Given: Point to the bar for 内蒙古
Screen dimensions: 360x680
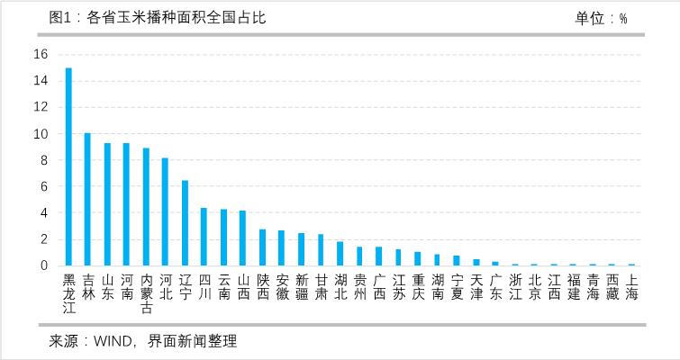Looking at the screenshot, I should click(146, 207).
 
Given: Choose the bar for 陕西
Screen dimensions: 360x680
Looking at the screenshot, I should click(262, 247).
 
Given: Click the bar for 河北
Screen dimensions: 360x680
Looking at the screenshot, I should click(165, 212).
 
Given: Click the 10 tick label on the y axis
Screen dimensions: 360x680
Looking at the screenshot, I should click(40, 133).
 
